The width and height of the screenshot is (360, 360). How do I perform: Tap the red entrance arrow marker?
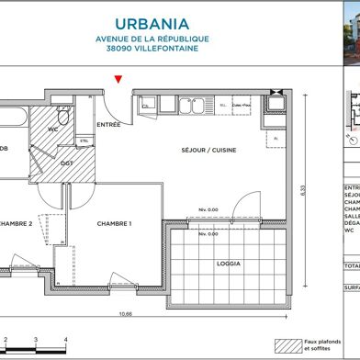coord(117,83)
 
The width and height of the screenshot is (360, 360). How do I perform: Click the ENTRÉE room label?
coord(109,124)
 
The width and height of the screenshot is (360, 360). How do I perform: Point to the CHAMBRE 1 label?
coord(115,223)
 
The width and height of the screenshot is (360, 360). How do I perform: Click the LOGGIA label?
coord(229,263)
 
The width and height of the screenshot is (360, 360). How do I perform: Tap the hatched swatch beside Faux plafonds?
coord(287,346)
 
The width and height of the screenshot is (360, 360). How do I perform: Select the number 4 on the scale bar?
coord(64,341)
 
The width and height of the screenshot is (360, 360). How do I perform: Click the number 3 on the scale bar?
coord(35,341)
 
